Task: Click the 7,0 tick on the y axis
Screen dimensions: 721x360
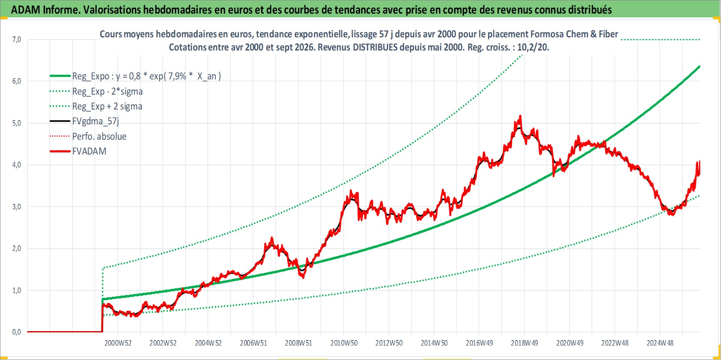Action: coord(17,39)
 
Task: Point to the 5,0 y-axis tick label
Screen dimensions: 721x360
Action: coord(17,123)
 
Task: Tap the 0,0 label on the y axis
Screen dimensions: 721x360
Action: coord(17,332)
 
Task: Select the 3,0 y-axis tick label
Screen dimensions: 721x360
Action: coord(17,207)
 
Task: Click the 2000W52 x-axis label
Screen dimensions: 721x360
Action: coord(118,343)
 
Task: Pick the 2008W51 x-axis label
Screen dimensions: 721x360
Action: coord(299,343)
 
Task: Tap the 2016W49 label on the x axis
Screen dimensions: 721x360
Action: coord(479,343)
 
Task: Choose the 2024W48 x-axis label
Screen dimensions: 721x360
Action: coord(660,343)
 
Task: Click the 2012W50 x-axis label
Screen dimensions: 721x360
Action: coord(389,343)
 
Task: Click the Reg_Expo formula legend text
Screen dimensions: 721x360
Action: coord(146,76)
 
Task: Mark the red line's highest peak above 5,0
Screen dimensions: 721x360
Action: coord(520,116)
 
